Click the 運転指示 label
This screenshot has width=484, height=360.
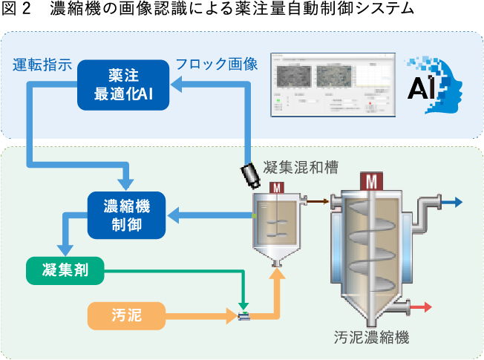coord(42,64)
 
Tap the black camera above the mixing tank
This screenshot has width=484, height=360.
coord(250,174)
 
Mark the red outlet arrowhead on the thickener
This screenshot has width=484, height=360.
coord(428,307)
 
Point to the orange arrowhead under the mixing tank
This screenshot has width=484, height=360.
coord(278,274)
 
